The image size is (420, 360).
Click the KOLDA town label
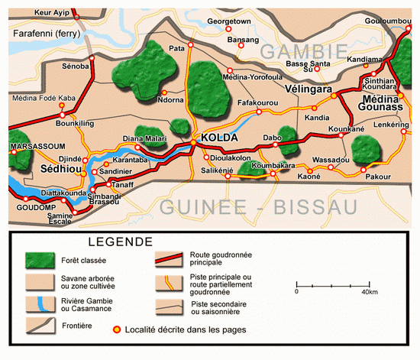coord(219,138)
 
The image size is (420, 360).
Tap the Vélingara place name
coord(305,89)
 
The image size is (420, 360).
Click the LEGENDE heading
coord(119,242)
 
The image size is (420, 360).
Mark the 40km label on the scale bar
coord(370,292)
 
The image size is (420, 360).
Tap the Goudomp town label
coord(31,206)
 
